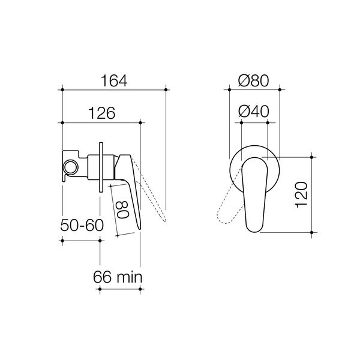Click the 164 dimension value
click(113, 80)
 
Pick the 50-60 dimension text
click(82, 226)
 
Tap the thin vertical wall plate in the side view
click(101, 166)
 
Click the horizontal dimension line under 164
click(113, 90)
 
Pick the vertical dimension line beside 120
click(313, 194)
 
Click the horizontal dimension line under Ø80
click(254, 90)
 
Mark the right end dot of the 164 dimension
click(164, 90)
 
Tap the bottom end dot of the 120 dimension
click(313, 231)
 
